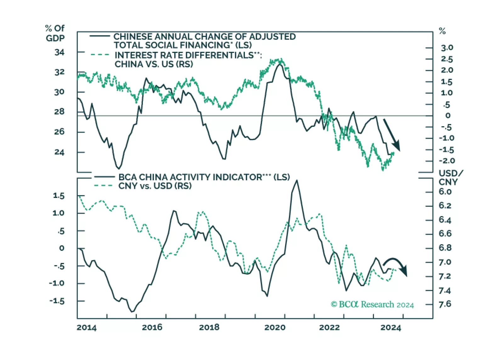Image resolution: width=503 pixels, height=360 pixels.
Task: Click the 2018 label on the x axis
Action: click(209, 327)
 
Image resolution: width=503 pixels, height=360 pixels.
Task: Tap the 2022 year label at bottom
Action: click(329, 327)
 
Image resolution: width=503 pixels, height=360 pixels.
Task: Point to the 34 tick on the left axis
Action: click(59, 52)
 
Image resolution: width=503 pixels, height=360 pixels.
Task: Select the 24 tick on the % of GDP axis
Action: click(59, 152)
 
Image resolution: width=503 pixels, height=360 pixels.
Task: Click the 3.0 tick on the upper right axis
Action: click(447, 48)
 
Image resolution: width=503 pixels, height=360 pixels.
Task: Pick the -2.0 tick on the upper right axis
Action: click(447, 161)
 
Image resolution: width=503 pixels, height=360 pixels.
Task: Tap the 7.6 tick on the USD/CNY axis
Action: click(445, 304)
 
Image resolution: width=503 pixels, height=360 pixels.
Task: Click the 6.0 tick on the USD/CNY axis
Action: click(445, 192)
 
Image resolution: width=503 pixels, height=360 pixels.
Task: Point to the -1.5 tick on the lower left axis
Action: click(57, 301)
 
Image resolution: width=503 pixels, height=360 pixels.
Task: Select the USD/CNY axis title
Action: click(450, 177)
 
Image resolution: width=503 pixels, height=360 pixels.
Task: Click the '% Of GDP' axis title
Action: click(55, 33)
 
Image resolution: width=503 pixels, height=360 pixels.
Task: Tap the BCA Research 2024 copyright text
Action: click(372, 304)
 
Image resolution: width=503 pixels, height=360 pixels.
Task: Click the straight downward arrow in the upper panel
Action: click(391, 134)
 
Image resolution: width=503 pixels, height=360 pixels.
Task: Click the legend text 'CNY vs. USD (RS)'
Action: click(155, 186)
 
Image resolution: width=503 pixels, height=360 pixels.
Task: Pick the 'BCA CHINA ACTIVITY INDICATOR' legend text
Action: click(190, 177)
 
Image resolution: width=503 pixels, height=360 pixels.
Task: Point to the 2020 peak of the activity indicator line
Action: click(297, 181)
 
